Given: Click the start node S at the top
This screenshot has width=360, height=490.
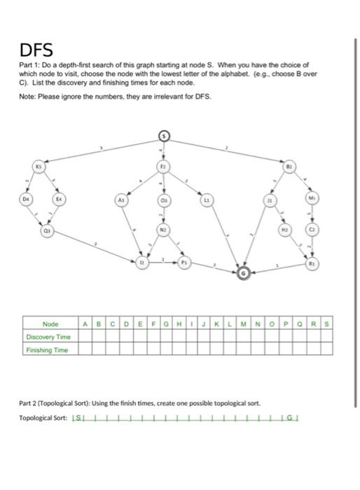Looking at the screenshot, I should tap(163, 135).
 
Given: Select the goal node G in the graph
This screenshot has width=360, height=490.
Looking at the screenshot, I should tap(243, 274).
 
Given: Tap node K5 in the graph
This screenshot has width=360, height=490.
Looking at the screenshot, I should tap(40, 167).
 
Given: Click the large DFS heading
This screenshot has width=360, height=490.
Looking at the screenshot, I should tap(36, 50).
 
